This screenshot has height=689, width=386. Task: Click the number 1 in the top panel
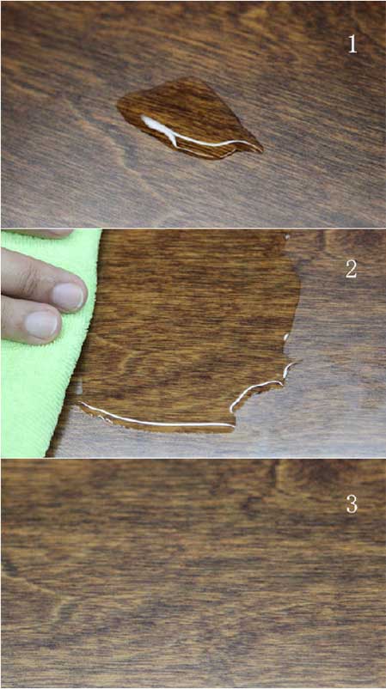352,44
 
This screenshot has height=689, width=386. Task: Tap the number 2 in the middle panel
351,269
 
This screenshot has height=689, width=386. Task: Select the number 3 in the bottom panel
352,504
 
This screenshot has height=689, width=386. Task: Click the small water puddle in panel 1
189,119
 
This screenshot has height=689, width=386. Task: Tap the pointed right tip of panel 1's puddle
262,151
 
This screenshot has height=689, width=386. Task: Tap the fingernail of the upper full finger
67,296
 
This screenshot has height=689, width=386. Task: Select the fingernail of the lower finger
42,324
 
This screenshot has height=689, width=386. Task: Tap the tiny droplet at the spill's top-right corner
287,237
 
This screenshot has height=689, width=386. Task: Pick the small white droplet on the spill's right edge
285,338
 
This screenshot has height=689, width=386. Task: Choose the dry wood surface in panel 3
193,573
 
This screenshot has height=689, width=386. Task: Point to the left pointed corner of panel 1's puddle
119,106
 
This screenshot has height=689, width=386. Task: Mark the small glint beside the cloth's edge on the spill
79,388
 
